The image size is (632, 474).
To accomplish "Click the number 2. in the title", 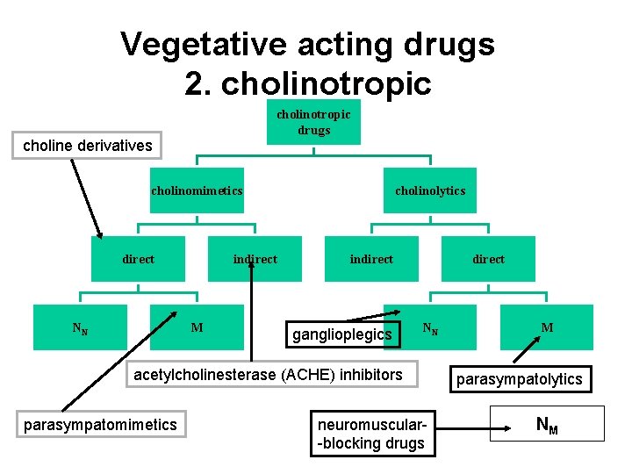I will (199, 83).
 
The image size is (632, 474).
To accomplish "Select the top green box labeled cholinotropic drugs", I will (313, 123).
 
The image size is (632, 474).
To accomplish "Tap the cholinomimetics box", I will (197, 190).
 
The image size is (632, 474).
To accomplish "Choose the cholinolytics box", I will (430, 190).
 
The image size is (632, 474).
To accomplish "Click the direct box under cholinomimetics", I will (139, 259).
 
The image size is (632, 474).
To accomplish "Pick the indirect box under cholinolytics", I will (371, 259).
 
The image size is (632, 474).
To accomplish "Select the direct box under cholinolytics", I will (488, 259).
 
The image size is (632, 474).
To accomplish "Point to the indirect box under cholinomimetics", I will (255, 259).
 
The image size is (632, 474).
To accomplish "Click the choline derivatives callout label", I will (87, 146).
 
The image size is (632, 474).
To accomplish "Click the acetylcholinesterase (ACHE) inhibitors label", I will (267, 375).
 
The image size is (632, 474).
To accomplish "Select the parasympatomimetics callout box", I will (100, 425).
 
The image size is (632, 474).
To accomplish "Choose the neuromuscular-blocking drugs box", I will (370, 434).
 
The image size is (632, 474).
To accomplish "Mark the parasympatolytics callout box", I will (517, 378).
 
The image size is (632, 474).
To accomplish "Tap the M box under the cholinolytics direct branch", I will (547, 327).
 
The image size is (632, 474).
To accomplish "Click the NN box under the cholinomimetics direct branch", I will (80, 327).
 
